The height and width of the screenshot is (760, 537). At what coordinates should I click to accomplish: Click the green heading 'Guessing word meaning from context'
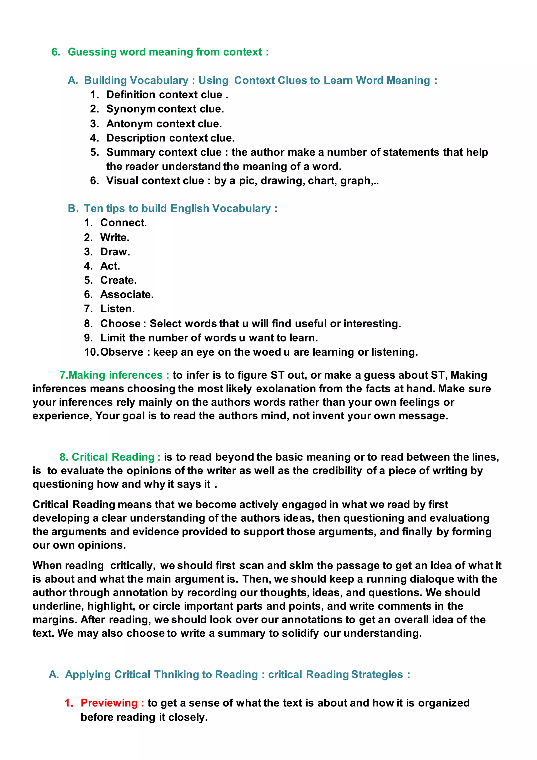pos(165,52)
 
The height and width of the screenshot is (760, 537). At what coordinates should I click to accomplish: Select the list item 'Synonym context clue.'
pos(165,109)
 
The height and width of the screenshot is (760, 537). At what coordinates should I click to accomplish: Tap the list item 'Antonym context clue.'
pos(164,124)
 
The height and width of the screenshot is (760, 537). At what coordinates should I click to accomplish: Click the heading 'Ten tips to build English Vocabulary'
pos(177,209)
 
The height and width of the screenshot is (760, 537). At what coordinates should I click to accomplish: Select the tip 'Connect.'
pos(123,223)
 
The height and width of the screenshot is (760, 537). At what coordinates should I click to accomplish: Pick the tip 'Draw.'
pos(115,252)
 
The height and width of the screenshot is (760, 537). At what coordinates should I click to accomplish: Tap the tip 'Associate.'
pos(127,295)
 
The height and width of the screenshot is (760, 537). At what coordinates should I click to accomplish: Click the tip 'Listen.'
pos(117,309)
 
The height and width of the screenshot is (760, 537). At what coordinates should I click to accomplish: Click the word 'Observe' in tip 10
pos(122,352)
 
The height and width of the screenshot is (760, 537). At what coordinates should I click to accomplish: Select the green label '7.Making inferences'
pos(114,375)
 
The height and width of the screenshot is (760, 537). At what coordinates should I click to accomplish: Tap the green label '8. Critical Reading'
pos(110,457)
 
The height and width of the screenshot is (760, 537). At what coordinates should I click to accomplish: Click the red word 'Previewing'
pos(109,703)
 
